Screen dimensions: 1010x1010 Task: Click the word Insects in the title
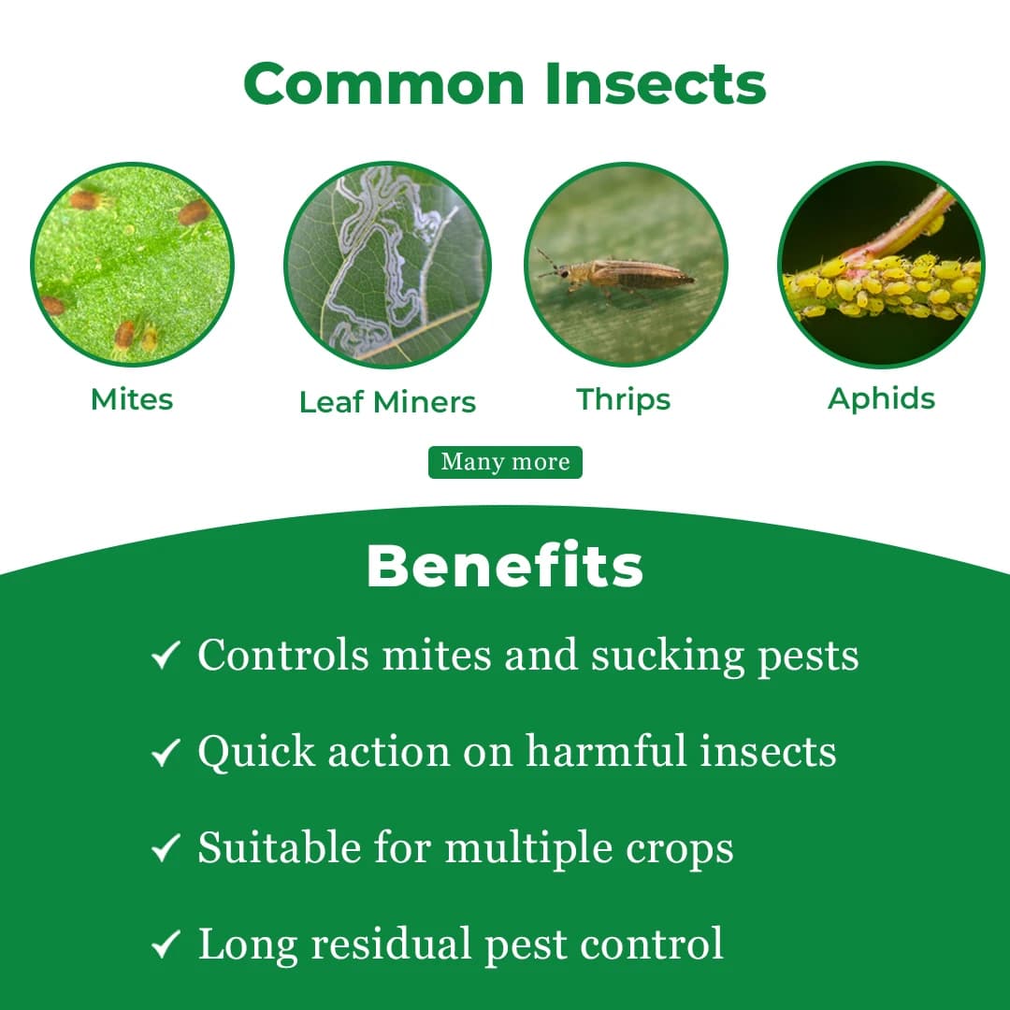[x=656, y=84]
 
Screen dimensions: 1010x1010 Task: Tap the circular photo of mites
[x=132, y=264]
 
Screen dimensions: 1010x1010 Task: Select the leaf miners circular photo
[x=387, y=265]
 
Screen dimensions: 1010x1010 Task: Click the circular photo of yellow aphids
[x=881, y=265]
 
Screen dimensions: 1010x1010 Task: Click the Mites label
[x=132, y=399]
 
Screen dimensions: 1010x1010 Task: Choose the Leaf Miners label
[x=387, y=402]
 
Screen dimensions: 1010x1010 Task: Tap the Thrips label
[x=624, y=399]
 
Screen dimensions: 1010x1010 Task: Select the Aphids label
[x=881, y=398]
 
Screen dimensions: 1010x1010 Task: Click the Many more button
[x=505, y=462]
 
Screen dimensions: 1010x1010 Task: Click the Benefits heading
[x=505, y=566]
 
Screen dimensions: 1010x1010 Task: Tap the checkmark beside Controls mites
[x=166, y=656]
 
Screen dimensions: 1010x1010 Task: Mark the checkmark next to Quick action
[x=166, y=753]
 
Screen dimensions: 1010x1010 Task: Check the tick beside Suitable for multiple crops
[x=166, y=849]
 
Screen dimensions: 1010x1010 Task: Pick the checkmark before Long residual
[x=166, y=945]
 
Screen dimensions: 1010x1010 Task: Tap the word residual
[x=392, y=945]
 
